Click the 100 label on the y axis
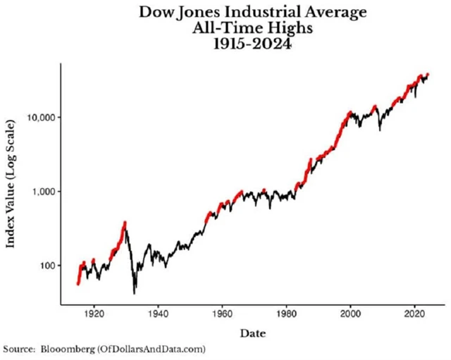click(x=47, y=266)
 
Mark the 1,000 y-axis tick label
click(x=43, y=191)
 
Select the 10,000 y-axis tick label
click(x=41, y=117)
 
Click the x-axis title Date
click(x=253, y=332)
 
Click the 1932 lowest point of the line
click(x=134, y=292)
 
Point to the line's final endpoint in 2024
click(x=428, y=74)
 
